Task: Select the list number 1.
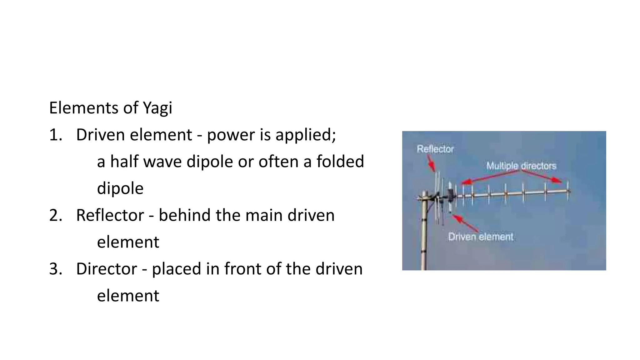(56, 135)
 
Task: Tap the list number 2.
(56, 216)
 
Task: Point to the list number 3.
(56, 269)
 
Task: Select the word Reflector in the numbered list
(110, 216)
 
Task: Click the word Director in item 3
(107, 269)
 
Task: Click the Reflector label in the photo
(435, 149)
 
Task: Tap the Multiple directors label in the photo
(521, 166)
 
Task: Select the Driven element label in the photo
(480, 237)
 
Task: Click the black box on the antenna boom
(450, 195)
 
